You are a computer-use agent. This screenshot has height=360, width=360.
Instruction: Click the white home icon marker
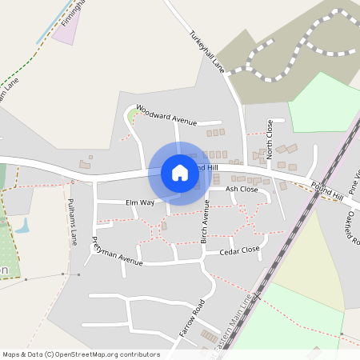(x=180, y=173)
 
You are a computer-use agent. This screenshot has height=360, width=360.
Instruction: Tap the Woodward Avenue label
(x=166, y=114)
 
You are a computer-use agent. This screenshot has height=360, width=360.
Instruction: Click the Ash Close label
(x=242, y=189)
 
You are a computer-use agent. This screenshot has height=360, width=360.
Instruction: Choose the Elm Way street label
(x=139, y=203)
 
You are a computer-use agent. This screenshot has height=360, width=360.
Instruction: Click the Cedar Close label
(x=239, y=250)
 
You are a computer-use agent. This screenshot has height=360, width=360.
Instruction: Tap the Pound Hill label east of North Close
(x=326, y=191)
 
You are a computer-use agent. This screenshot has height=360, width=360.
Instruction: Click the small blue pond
(x=22, y=226)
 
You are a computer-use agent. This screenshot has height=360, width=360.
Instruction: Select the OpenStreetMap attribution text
(x=80, y=354)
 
